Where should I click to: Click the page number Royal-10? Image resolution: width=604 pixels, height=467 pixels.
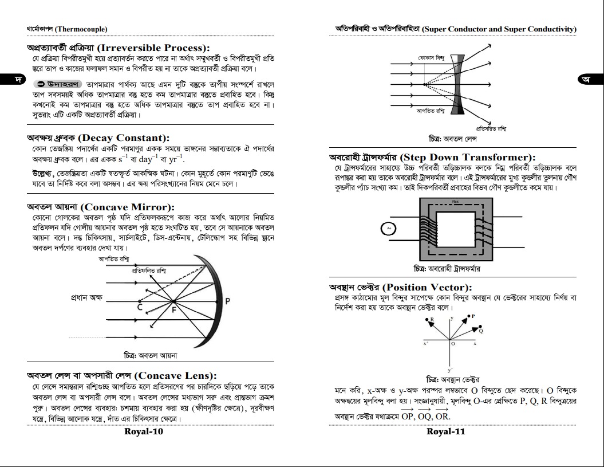coord(144,431)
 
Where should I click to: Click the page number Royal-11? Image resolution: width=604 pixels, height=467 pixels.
coord(445,431)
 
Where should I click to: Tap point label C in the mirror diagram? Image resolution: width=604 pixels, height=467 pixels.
coord(140,308)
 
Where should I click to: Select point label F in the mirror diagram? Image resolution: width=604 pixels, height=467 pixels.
coord(175,310)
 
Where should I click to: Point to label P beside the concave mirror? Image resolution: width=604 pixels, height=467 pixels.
coord(227,301)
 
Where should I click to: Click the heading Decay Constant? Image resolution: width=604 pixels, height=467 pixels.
coord(124,138)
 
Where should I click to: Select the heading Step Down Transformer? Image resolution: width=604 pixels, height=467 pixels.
coord(468,157)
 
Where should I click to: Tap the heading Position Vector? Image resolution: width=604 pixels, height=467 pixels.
coord(427,287)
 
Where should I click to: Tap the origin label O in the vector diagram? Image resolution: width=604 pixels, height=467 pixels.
coord(453,344)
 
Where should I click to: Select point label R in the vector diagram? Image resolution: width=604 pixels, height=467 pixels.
coord(432,319)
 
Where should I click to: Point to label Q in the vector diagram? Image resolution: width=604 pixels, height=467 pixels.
coord(481,331)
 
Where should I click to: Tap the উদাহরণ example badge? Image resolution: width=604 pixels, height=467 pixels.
coord(56,84)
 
